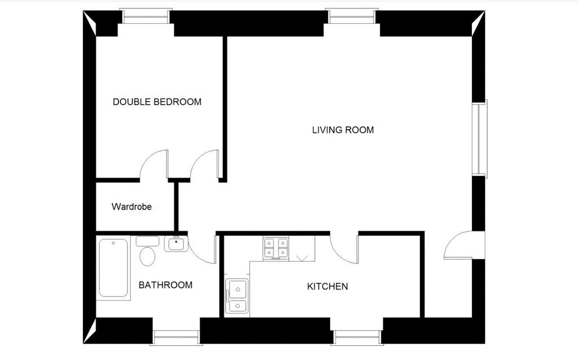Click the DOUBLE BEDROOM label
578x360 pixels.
click(157, 102)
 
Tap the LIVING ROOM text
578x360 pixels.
click(343, 130)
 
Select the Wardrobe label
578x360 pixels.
click(132, 207)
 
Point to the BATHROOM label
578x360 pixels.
click(165, 285)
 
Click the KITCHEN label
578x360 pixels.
click(327, 286)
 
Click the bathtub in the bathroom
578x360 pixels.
click(113, 268)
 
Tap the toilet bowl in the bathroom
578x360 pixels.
click(147, 256)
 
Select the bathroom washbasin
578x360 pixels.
click(176, 244)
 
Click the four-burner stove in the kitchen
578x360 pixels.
click(275, 248)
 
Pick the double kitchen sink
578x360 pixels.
click(237, 296)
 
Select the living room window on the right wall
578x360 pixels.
click(480, 139)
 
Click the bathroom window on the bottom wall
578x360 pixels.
click(176, 337)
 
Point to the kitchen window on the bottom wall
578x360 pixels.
click(357, 337)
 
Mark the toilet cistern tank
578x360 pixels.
click(147, 242)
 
